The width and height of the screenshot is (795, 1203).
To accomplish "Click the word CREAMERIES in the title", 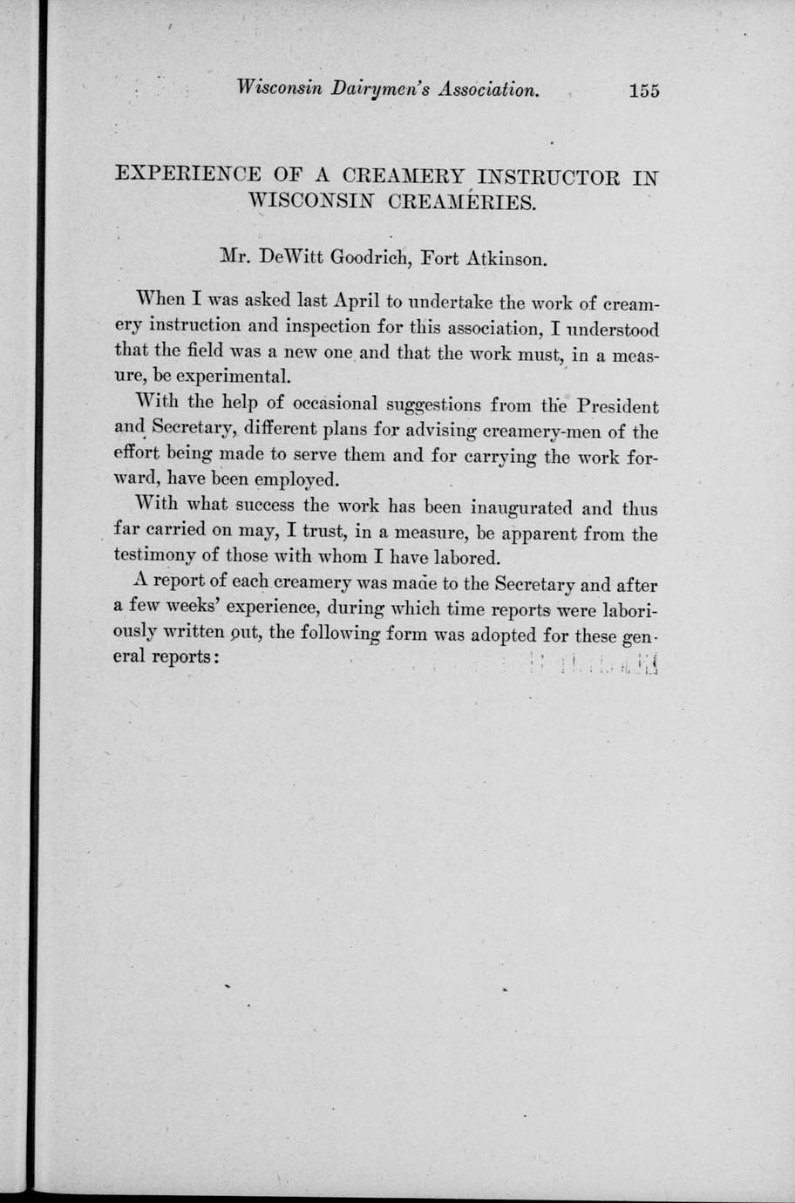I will click(460, 203).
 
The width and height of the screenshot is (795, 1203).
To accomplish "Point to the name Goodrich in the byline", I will click(366, 258).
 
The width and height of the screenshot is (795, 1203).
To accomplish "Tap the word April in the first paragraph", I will click(357, 302).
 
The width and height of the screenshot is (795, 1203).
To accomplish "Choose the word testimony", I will click(157, 556).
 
